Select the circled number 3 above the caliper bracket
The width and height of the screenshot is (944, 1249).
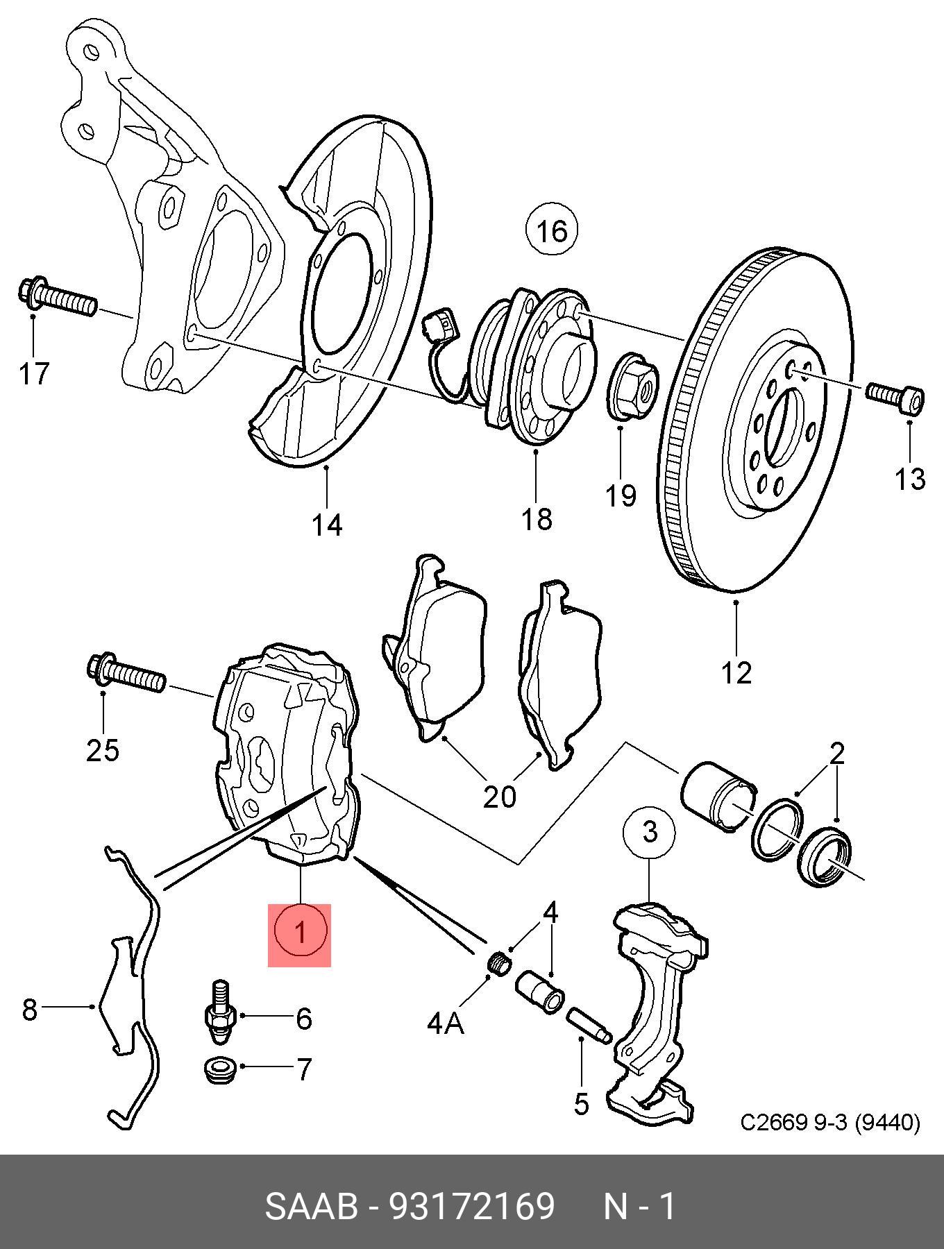650,831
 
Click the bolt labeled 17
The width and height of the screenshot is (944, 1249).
58,296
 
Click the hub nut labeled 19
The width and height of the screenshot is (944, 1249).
632,386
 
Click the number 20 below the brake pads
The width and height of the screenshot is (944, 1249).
500,796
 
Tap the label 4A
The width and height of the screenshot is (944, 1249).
446,1023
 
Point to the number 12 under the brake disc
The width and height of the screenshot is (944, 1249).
736,672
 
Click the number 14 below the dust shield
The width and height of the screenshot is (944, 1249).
326,525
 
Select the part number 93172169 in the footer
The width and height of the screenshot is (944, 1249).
472,1207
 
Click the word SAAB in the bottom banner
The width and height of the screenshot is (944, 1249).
312,1207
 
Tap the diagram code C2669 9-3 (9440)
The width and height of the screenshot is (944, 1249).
830,1123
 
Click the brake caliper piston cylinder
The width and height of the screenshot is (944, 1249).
720,796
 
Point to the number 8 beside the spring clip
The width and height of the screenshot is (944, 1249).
29,1010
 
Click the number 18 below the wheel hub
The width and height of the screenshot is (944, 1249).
537,518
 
